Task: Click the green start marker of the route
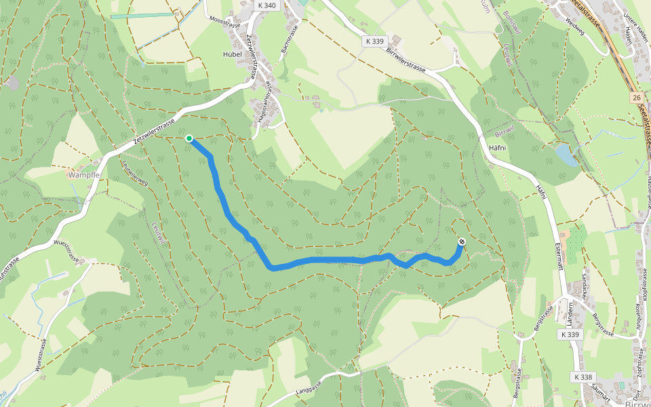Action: pyautogui.click(x=189, y=138)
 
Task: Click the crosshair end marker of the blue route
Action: pyautogui.click(x=462, y=241)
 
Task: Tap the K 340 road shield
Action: pyautogui.click(x=267, y=5)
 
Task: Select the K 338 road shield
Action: pyautogui.click(x=583, y=376)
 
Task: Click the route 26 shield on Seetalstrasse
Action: pyautogui.click(x=636, y=98)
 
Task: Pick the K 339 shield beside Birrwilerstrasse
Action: pyautogui.click(x=374, y=41)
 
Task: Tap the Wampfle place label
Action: pyautogui.click(x=85, y=174)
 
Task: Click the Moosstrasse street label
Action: pyautogui.click(x=226, y=20)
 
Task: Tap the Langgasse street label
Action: pyautogui.click(x=316, y=389)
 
